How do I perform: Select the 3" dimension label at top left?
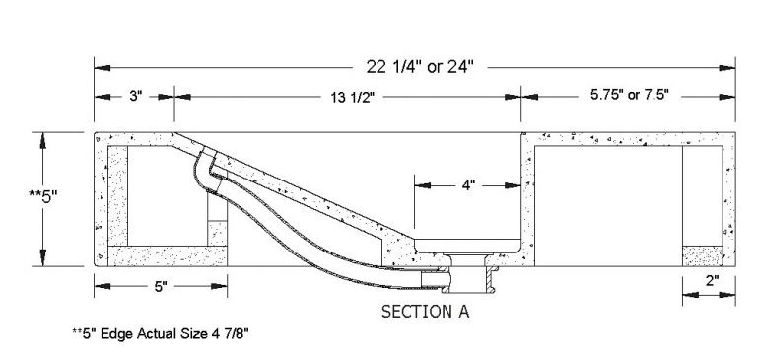click(135, 97)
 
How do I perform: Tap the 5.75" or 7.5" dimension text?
click(630, 97)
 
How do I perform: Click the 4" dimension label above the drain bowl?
click(468, 184)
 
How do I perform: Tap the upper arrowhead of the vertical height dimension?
click(41, 139)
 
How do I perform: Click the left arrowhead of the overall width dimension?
click(100, 67)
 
